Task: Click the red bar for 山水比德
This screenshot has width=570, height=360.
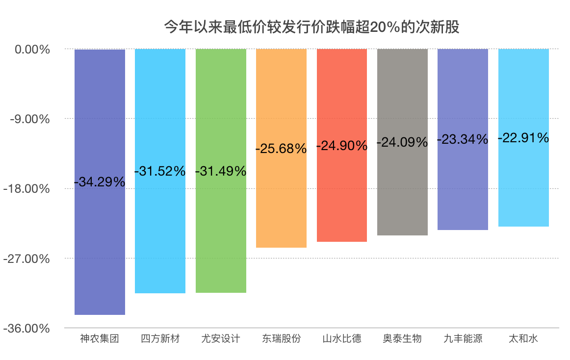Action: tap(342, 196)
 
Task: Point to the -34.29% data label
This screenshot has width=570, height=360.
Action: tap(100, 182)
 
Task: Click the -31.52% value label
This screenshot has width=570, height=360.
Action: tap(160, 171)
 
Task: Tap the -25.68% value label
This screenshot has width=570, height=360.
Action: tap(281, 148)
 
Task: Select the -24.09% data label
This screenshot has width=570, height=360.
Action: tap(402, 143)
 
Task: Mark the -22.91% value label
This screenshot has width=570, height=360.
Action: tap(523, 138)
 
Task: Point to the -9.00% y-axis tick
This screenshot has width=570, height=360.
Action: tap(30, 119)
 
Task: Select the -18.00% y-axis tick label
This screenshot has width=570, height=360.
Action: tap(28, 189)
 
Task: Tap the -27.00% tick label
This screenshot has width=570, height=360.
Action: tap(28, 258)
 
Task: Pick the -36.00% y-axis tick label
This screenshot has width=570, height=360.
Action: tap(28, 328)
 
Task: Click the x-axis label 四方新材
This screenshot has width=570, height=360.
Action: tap(160, 339)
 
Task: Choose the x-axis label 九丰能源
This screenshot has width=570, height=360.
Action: tap(463, 339)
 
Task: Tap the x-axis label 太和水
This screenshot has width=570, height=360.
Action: tap(523, 339)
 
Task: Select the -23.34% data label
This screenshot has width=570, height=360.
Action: tap(463, 139)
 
